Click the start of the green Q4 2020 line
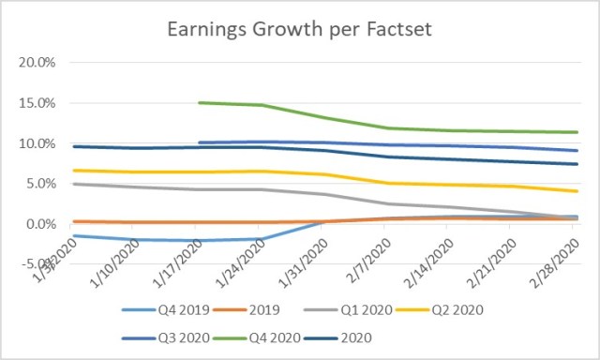click(x=200, y=103)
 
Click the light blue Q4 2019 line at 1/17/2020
click(x=200, y=241)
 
